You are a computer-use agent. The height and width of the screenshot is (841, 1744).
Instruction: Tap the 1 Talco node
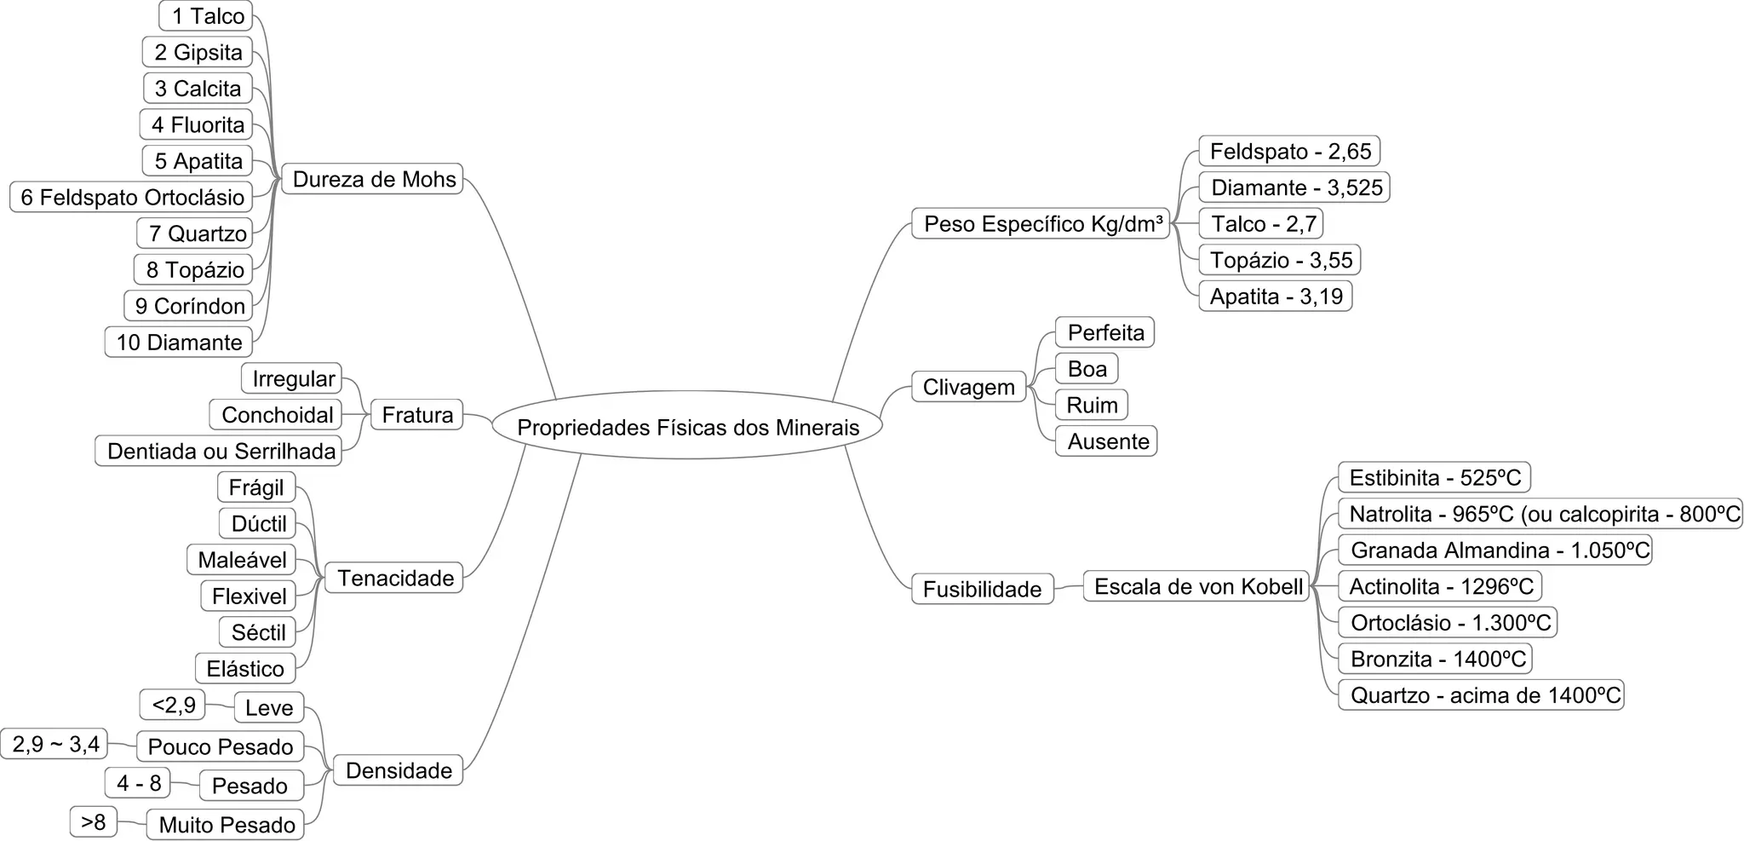click(206, 16)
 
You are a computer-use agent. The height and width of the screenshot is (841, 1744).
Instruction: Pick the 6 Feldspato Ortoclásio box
click(132, 198)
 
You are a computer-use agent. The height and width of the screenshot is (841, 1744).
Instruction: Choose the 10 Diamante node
click(179, 343)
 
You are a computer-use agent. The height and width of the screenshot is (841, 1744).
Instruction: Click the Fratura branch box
click(417, 415)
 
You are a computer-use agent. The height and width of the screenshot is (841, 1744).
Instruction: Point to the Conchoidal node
click(276, 415)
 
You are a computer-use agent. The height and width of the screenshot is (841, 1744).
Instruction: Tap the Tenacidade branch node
click(394, 578)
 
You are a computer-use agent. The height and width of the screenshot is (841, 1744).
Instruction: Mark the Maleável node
click(242, 560)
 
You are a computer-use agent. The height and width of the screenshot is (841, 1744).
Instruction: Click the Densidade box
click(398, 770)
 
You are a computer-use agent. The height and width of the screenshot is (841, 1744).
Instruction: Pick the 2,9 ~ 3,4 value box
click(54, 745)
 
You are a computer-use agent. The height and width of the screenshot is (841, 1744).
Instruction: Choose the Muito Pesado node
click(226, 825)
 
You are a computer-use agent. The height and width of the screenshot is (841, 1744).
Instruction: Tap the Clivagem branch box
click(968, 388)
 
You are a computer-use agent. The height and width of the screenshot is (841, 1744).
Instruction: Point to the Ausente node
click(1106, 441)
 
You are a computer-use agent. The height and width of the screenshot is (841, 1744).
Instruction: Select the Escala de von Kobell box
click(1196, 586)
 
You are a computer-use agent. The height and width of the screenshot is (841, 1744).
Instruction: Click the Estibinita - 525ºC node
click(1434, 477)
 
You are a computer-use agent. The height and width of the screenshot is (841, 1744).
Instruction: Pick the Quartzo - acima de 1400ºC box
click(1482, 695)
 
